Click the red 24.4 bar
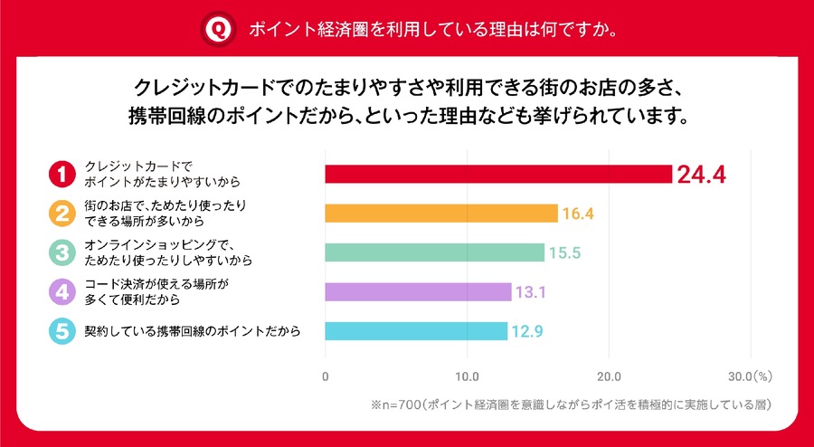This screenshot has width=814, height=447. (x=497, y=174)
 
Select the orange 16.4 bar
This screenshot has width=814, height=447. (x=440, y=214)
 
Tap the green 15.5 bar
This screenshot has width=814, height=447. (x=434, y=252)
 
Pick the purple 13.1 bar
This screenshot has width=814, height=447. (x=417, y=292)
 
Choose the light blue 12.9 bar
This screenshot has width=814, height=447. (x=415, y=331)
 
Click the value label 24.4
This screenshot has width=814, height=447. (x=703, y=175)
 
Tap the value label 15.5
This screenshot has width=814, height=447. (x=563, y=253)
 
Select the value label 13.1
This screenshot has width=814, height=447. (x=530, y=292)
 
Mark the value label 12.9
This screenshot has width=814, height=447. (x=526, y=332)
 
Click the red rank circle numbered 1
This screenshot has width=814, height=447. (x=61, y=173)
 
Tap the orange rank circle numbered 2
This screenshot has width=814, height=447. (x=61, y=213)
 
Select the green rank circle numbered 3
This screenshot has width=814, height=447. (x=61, y=252)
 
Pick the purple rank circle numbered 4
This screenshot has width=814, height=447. (x=61, y=291)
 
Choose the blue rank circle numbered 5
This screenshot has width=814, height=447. (x=61, y=331)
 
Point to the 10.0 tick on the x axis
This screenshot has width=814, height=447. (x=467, y=375)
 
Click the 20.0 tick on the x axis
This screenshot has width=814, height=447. (x=608, y=375)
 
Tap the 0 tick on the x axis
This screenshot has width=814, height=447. (x=325, y=375)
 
